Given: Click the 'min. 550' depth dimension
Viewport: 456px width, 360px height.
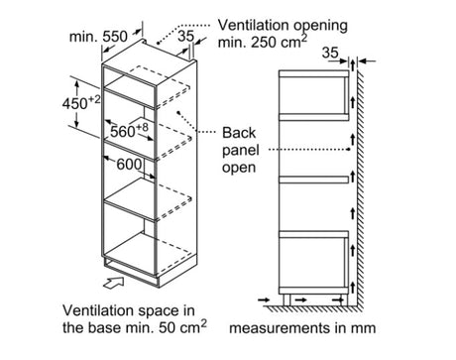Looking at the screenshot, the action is tap(98, 37).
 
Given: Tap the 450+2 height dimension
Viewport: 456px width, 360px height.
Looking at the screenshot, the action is tap(81, 103).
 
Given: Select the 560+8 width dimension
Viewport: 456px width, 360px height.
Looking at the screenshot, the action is tap(129, 131).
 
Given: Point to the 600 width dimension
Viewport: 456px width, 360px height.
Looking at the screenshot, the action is tap(129, 165).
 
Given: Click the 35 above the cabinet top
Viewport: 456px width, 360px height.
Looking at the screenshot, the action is tap(185, 36).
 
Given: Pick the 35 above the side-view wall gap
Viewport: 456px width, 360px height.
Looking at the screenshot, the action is tap(330, 53).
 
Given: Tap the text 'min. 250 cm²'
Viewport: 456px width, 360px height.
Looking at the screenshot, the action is tap(263, 42).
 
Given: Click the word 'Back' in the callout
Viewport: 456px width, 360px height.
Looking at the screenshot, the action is tap(239, 133).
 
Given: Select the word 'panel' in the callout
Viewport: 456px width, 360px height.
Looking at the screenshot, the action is tap(240, 151).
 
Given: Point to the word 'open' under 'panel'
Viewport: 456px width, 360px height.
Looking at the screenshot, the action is tap(239, 168).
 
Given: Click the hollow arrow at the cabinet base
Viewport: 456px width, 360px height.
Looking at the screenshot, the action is tap(114, 283).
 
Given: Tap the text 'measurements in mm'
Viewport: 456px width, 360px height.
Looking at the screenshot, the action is tap(302, 328).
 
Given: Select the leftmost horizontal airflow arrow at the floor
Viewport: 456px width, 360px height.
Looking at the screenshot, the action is tap(264, 300).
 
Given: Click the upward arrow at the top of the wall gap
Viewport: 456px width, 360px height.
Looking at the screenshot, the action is tap(353, 64).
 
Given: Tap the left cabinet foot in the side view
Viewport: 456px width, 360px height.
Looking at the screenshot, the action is tap(286, 300).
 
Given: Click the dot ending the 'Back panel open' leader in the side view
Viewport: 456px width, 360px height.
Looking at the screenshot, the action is tap(349, 150).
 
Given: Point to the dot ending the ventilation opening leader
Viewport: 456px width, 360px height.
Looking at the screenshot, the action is tap(158, 43).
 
